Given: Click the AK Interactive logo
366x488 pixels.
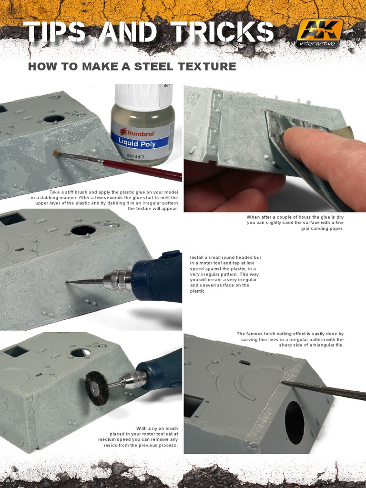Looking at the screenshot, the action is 320,33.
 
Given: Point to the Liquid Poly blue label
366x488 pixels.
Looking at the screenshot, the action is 141,142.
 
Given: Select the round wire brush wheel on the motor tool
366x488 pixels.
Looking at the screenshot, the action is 97,388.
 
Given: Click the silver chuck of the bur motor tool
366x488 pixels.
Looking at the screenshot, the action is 118,280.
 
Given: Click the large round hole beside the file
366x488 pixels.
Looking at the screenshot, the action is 295,422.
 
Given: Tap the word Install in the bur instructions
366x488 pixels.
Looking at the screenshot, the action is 197,257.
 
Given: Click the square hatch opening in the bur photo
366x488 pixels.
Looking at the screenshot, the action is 13,218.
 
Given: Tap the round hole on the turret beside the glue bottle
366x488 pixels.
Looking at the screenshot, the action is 54,118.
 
